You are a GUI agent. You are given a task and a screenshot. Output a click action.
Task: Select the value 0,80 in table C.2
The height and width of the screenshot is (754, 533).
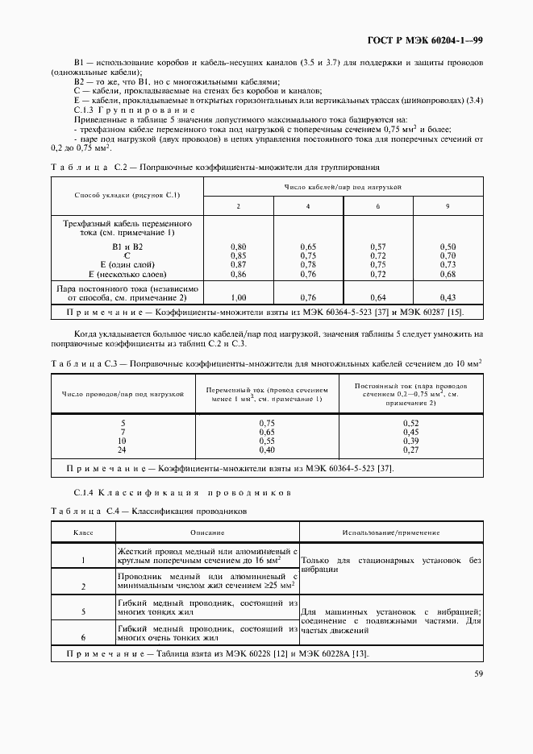(238, 246)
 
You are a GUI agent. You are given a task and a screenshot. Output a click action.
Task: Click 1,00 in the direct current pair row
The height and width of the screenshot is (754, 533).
(238, 296)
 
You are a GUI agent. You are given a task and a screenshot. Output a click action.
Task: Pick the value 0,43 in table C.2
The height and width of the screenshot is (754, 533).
(448, 296)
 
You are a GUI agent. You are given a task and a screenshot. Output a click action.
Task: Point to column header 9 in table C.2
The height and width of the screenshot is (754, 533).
(448, 207)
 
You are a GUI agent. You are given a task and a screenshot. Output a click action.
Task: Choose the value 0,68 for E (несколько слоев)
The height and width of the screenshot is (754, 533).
(448, 274)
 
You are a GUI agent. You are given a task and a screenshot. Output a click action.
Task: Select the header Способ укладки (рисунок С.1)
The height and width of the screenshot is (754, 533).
(127, 195)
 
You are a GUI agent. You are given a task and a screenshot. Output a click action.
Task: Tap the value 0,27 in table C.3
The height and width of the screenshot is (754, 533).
(410, 450)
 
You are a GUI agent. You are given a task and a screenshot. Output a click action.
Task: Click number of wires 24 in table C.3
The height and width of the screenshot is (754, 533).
(123, 450)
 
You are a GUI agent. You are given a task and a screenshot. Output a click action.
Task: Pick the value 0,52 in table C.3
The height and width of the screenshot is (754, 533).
(410, 423)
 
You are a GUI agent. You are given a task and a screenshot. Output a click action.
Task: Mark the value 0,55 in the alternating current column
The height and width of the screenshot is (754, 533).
(267, 441)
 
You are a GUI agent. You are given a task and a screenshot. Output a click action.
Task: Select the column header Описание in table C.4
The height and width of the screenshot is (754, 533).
(207, 532)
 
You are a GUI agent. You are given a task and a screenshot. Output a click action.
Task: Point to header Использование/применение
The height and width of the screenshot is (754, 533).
(390, 532)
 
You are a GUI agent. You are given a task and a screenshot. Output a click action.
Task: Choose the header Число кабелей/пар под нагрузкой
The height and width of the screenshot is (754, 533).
(343, 186)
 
